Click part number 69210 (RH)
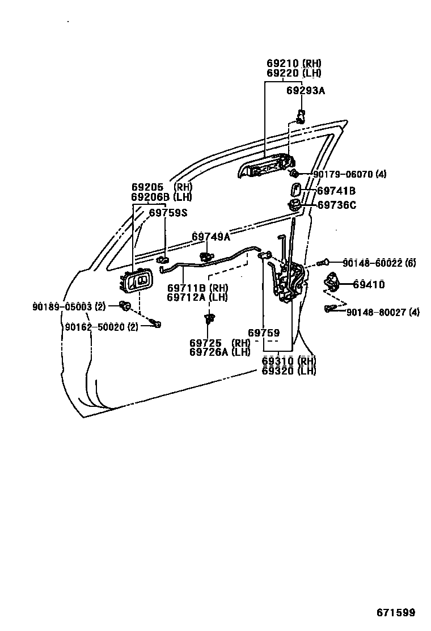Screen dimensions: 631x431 click(x=294, y=64)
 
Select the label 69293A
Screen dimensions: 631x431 click(x=306, y=90)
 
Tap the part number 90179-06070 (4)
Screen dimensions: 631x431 click(x=349, y=174)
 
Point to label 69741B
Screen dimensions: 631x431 click(x=336, y=191)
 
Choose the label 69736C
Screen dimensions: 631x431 click(x=337, y=205)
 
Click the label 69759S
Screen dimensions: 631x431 click(x=168, y=213)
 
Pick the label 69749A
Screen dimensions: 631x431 click(x=211, y=237)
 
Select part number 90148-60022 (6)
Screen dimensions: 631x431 click(x=379, y=263)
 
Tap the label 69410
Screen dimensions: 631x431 click(x=369, y=284)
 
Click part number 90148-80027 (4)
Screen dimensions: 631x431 click(x=383, y=312)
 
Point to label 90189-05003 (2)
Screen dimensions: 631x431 click(x=69, y=306)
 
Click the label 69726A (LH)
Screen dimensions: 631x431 click(x=219, y=352)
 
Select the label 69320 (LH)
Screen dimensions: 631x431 click(x=289, y=371)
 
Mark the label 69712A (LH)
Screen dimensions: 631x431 click(x=197, y=297)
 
